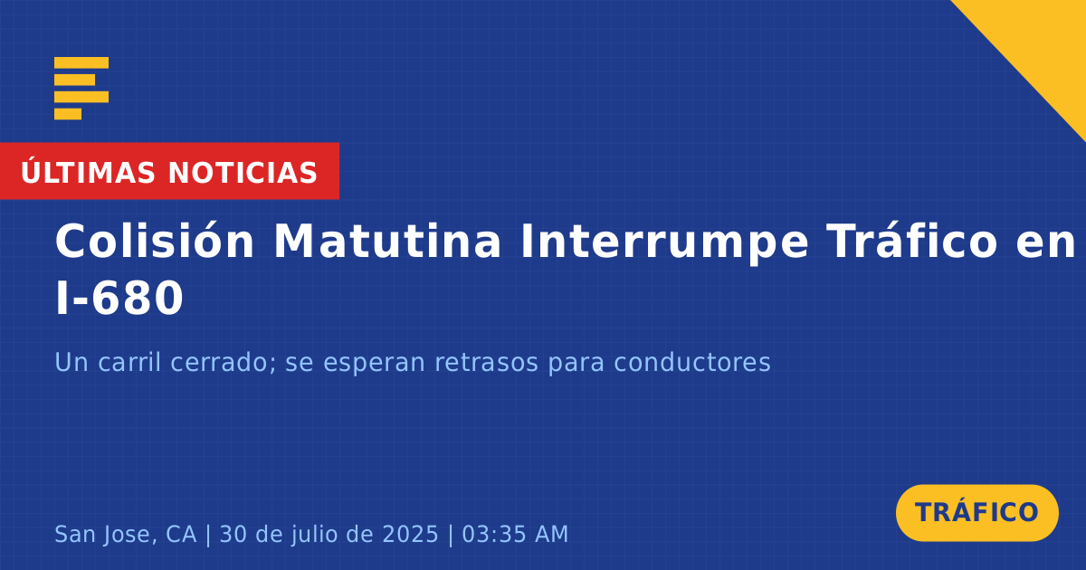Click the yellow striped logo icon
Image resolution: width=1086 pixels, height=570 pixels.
pyautogui.click(x=81, y=89)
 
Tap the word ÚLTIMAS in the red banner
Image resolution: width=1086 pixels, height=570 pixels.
pyautogui.click(x=88, y=172)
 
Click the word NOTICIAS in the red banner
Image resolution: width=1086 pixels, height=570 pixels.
pyautogui.click(x=243, y=173)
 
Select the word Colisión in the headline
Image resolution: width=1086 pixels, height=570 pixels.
pyautogui.click(x=154, y=241)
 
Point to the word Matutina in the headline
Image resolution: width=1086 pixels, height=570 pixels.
pyautogui.click(x=387, y=241)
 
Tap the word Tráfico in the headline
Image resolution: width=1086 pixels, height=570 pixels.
pyautogui.click(x=911, y=241)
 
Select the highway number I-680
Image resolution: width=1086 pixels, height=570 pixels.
pyautogui.click(x=119, y=299)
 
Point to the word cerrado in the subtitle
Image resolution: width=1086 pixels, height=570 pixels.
pyautogui.click(x=223, y=362)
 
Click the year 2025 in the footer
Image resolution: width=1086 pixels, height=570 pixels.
pyautogui.click(x=410, y=534)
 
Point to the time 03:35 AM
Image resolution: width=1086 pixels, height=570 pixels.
pyautogui.click(x=515, y=534)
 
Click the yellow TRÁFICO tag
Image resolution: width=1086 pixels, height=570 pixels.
pyautogui.click(x=976, y=513)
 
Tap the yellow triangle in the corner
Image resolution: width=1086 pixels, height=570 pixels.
pyautogui.click(x=1043, y=43)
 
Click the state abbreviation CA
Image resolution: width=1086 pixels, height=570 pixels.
pyautogui.click(x=181, y=534)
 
